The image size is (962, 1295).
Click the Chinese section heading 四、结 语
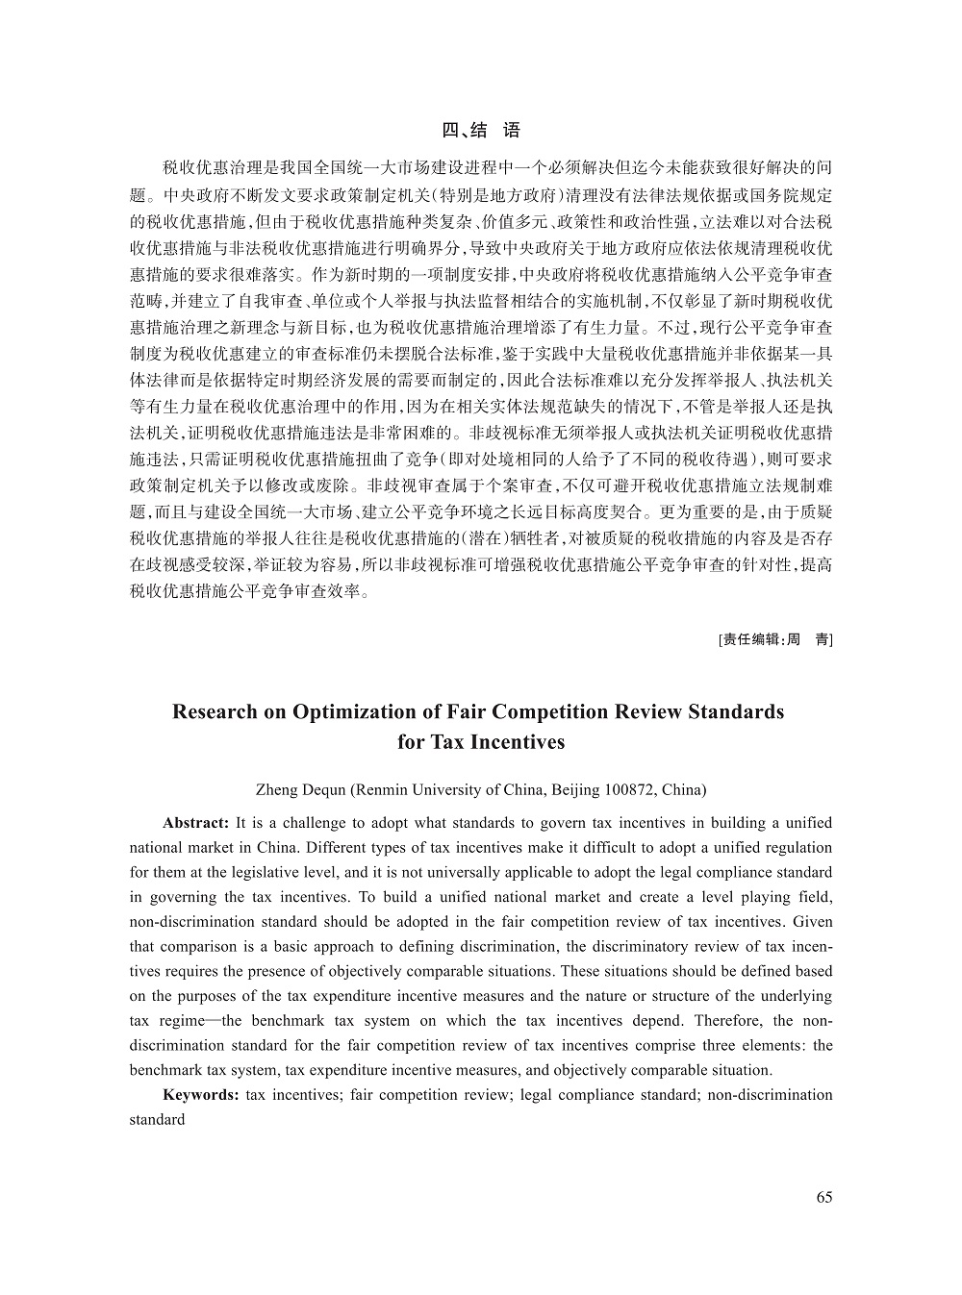481,131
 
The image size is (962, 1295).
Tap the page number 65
823,1197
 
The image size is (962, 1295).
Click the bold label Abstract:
195,823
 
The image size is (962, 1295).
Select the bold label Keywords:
200,1095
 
